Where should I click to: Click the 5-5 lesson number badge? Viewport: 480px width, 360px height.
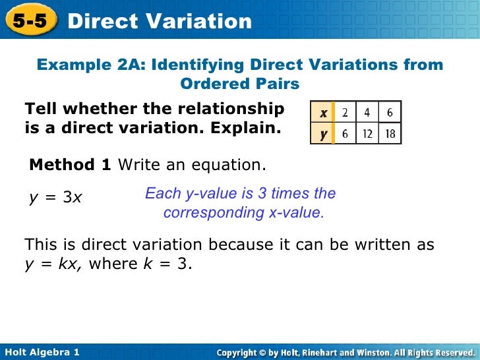pyautogui.click(x=29, y=20)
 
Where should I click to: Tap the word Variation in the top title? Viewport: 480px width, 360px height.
pyautogui.click(x=199, y=21)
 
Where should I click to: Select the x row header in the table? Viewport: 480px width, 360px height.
pyautogui.click(x=324, y=113)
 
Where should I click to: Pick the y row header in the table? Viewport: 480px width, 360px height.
pyautogui.click(x=324, y=133)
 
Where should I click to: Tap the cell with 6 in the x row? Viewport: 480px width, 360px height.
pyautogui.click(x=390, y=113)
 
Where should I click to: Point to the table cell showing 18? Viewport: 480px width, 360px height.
pyautogui.click(x=390, y=133)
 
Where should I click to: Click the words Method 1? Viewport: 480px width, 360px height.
pyautogui.click(x=71, y=164)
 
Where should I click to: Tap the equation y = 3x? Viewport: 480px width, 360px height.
pyautogui.click(x=55, y=196)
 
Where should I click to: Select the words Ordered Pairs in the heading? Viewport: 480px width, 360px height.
pyautogui.click(x=240, y=84)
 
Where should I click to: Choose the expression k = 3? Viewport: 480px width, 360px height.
pyautogui.click(x=167, y=264)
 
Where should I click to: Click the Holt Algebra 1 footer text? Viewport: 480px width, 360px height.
pyautogui.click(x=41, y=353)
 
